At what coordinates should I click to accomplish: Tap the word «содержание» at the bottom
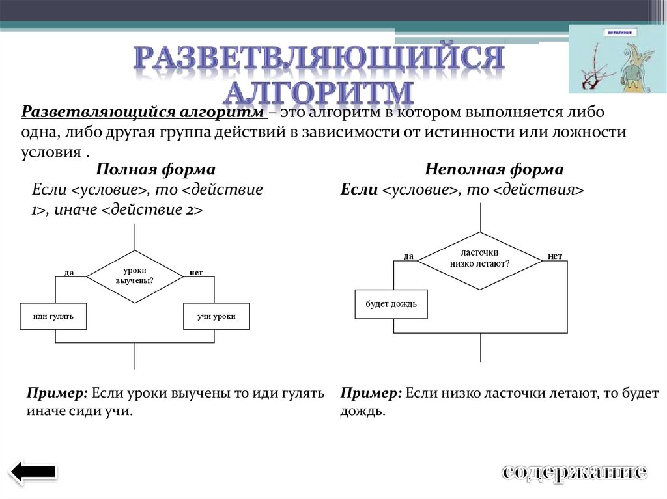tap(574, 472)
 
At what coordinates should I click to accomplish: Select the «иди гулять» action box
tap(53, 316)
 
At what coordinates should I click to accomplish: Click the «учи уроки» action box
tap(216, 316)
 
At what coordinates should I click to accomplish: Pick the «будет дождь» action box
tap(391, 304)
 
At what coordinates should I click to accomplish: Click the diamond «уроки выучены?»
tap(135, 276)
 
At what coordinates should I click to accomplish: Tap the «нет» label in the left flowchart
tap(196, 271)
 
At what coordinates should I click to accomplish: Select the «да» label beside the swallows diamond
tap(408, 256)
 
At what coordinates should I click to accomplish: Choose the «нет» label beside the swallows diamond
tap(555, 256)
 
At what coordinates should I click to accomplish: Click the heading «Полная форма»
tap(156, 170)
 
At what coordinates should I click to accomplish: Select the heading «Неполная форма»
tap(494, 170)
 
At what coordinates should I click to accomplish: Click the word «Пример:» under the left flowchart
tap(57, 394)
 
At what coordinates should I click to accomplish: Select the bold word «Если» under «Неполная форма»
tap(359, 190)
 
